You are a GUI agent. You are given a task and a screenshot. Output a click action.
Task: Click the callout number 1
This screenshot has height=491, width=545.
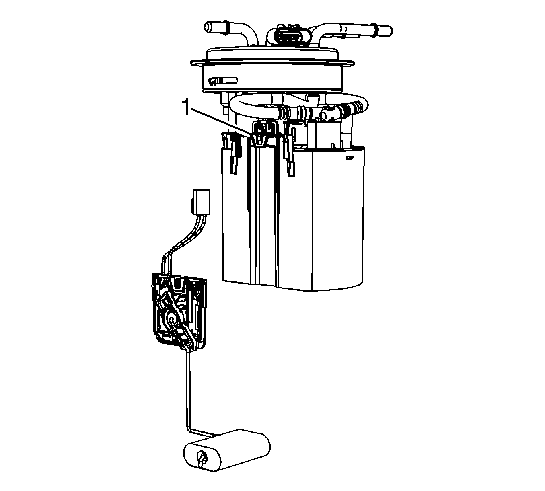[x=186, y=107]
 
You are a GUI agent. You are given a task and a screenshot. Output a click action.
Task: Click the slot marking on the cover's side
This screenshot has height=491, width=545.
[x=223, y=81]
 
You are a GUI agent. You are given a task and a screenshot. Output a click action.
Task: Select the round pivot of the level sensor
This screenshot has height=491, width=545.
[x=172, y=317]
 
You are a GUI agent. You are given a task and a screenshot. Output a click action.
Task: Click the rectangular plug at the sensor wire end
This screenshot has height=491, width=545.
[x=202, y=201]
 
